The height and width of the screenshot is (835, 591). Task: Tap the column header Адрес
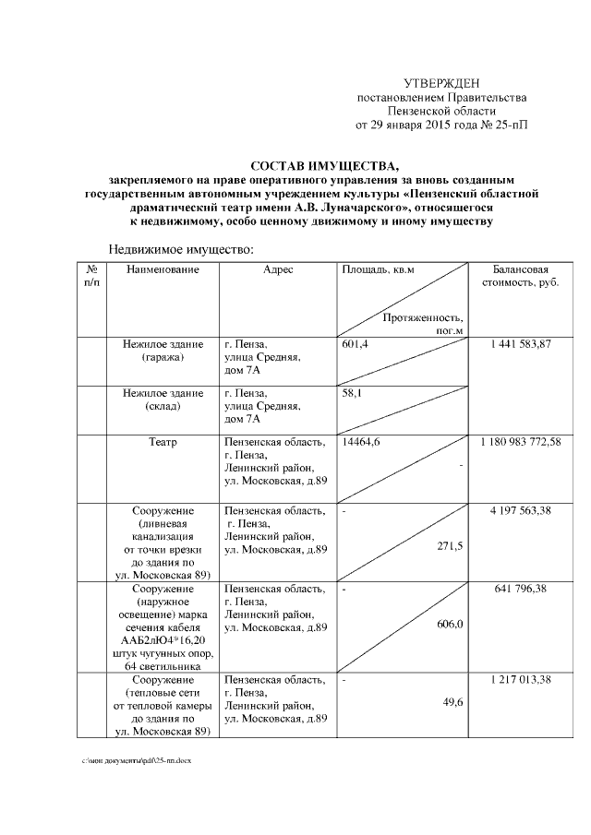coord(277,269)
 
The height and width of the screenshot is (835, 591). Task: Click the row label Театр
coord(163,443)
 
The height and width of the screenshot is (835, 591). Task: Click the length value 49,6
coord(452,703)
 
